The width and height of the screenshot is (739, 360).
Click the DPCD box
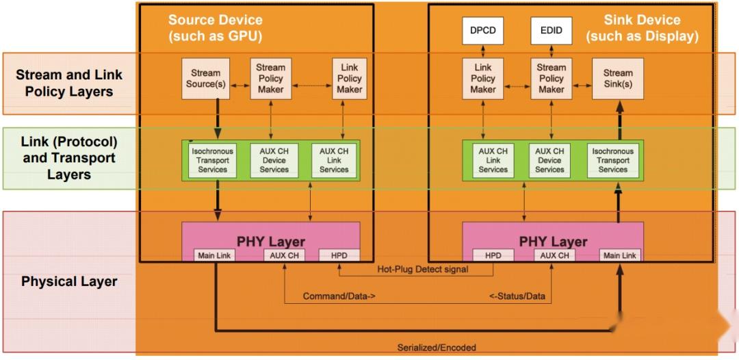(x=482, y=31)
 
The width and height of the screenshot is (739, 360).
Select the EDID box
(x=551, y=31)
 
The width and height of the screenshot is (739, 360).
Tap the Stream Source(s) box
(x=206, y=79)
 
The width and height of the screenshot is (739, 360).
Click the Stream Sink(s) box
(x=618, y=79)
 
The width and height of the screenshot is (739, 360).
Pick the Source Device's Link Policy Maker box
(x=349, y=79)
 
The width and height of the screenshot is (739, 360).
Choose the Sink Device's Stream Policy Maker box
(x=551, y=79)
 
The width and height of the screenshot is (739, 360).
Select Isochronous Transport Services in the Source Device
(x=212, y=160)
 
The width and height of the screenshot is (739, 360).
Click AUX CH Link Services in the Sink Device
(x=493, y=160)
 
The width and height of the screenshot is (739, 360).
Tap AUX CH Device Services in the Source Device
(x=274, y=160)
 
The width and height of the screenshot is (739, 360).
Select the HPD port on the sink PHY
(x=493, y=256)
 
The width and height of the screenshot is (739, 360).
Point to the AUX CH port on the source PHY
(x=283, y=256)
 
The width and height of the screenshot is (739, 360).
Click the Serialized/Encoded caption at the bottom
(x=437, y=347)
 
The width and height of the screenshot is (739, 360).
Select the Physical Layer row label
(x=69, y=281)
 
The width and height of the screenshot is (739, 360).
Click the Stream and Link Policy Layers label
(x=69, y=83)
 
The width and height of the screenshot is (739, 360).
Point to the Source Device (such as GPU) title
(x=216, y=28)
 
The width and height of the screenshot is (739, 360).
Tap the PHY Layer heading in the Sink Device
(x=553, y=241)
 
